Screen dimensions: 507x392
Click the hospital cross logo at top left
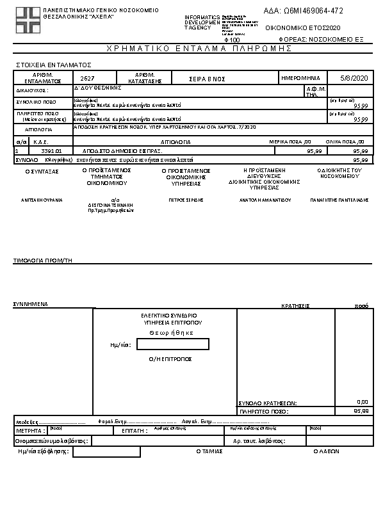pyautogui.click(x=28, y=20)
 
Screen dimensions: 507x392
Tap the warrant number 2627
pyautogui.click(x=88, y=77)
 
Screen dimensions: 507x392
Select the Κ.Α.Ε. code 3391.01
pyautogui.click(x=51, y=150)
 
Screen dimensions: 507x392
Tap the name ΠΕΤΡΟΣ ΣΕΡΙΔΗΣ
pyautogui.click(x=186, y=200)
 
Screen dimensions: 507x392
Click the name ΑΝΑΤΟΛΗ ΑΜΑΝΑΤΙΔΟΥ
pyautogui.click(x=265, y=200)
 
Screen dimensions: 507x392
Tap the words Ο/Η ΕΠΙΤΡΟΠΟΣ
pyautogui.click(x=170, y=359)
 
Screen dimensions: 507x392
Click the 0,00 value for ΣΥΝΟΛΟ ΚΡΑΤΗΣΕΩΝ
pyautogui.click(x=362, y=402)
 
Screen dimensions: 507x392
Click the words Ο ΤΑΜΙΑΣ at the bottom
pyautogui.click(x=209, y=451)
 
